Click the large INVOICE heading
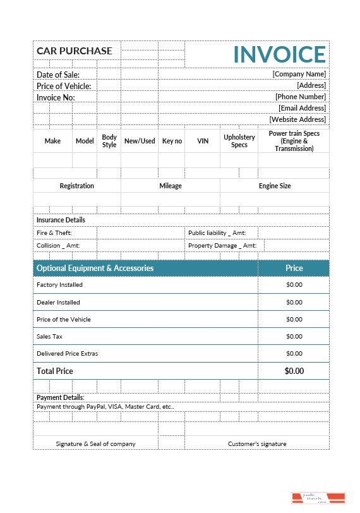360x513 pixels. pyautogui.click(x=279, y=54)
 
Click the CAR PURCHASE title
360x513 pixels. pyautogui.click(x=75, y=51)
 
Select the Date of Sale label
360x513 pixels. pyautogui.click(x=58, y=75)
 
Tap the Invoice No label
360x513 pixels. pyautogui.click(x=56, y=97)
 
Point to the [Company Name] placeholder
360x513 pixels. pyautogui.click(x=299, y=74)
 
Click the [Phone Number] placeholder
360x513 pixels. pyautogui.click(x=300, y=97)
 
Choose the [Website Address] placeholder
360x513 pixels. pyautogui.click(x=297, y=119)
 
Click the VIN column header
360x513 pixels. pyautogui.click(x=203, y=141)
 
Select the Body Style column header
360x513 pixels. pyautogui.click(x=109, y=141)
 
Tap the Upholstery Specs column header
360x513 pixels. pyautogui.click(x=239, y=141)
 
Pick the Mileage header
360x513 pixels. pyautogui.click(x=171, y=186)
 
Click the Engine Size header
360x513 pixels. pyautogui.click(x=275, y=186)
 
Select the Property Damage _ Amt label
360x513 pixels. pyautogui.click(x=222, y=246)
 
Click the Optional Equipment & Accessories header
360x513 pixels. pyautogui.click(x=95, y=268)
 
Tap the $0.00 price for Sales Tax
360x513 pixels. pyautogui.click(x=294, y=337)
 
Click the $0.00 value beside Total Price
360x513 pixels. pyautogui.click(x=294, y=371)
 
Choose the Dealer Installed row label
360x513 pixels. pyautogui.click(x=58, y=302)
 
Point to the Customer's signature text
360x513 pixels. pyautogui.click(x=257, y=444)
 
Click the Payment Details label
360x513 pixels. pyautogui.click(x=60, y=397)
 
